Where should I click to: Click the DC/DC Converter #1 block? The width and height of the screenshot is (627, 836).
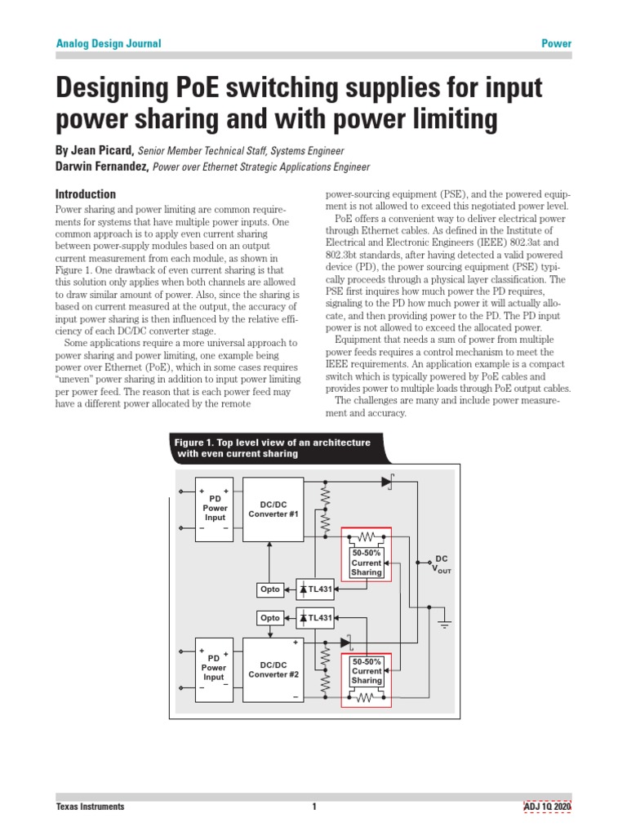(273, 509)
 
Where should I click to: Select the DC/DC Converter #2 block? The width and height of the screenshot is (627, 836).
(273, 669)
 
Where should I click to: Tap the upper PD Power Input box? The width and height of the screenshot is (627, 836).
(215, 508)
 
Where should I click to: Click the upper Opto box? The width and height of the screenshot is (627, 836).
(269, 589)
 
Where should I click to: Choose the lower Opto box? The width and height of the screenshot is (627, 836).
(269, 618)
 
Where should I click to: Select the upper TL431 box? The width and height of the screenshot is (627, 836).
(314, 589)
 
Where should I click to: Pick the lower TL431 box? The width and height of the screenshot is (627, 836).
(314, 618)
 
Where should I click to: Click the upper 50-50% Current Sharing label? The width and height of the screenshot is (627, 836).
(366, 563)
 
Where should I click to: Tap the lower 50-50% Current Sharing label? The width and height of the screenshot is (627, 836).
(366, 670)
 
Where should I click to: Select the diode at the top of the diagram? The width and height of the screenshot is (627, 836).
(387, 482)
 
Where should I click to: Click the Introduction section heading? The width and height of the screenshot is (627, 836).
(85, 194)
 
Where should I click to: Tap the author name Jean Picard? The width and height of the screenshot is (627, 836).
(103, 151)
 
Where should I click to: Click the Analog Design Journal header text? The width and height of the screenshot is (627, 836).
(108, 43)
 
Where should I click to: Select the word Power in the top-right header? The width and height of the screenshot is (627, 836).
(557, 43)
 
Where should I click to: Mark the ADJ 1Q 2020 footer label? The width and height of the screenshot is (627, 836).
(547, 807)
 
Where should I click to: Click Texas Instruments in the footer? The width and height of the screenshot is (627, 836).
(90, 807)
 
